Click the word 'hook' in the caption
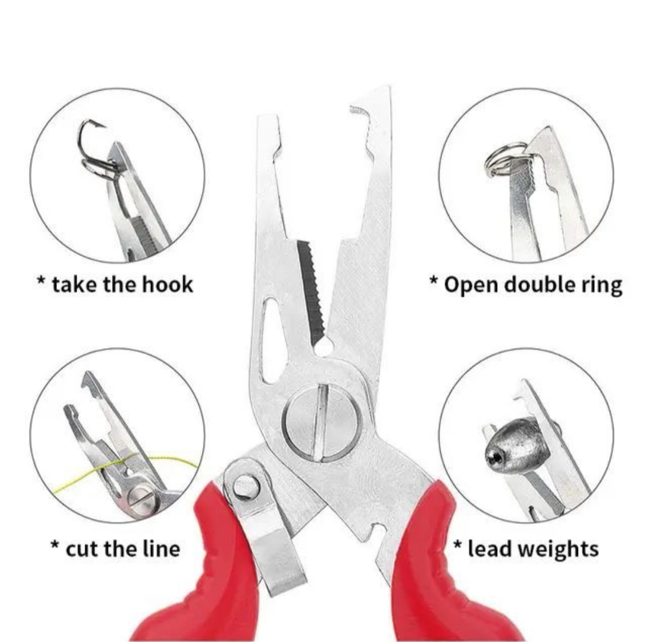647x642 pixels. click(168, 284)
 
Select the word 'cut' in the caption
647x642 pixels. click(81, 549)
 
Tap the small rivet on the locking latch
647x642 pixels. click(245, 486)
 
